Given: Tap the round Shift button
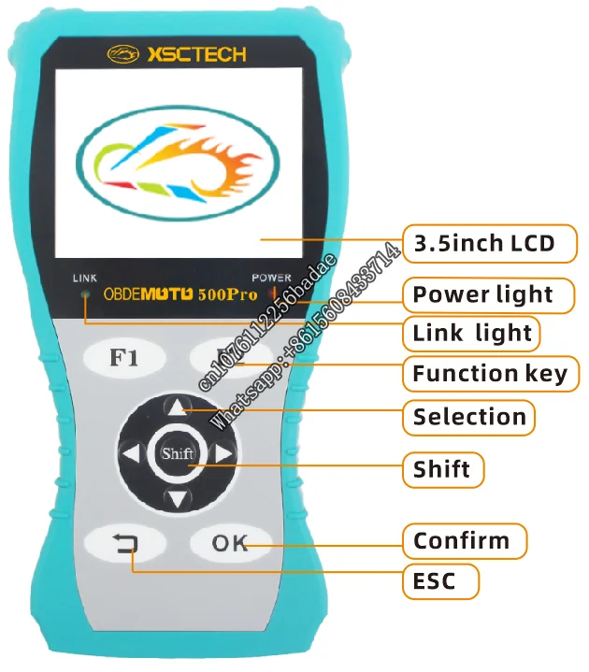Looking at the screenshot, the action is (x=177, y=454).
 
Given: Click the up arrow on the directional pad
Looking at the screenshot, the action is (x=177, y=407).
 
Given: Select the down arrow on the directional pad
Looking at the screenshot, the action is (x=177, y=500).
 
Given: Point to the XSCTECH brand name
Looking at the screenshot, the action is (x=195, y=55).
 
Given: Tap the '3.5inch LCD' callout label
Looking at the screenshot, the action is (x=484, y=245).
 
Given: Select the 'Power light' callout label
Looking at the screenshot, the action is (x=483, y=294).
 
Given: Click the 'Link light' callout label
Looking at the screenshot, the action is (x=472, y=333).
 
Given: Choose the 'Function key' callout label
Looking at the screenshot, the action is (x=490, y=374).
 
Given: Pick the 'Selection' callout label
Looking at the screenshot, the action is (x=469, y=417).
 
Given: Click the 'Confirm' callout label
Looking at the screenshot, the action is (x=462, y=540).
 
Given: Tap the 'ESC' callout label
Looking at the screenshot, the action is (x=435, y=581).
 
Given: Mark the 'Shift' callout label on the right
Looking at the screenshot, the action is (x=442, y=468).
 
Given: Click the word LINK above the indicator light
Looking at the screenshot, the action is (x=84, y=279).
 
